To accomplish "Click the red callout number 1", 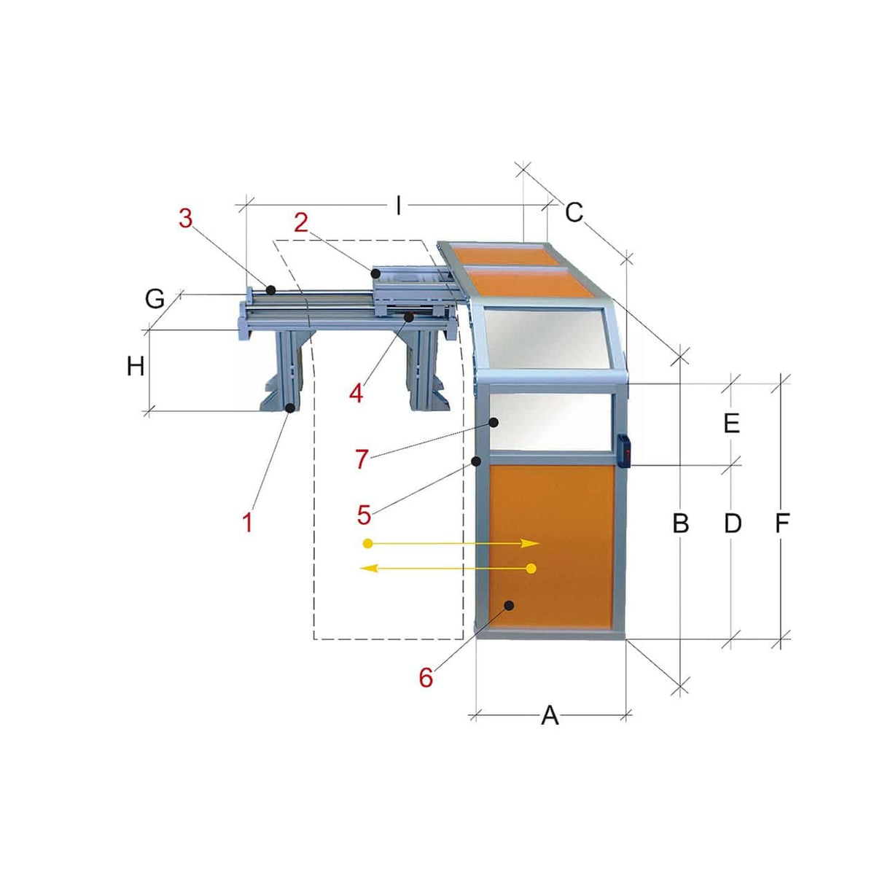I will [x=248, y=522].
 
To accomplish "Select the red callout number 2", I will [x=301, y=223].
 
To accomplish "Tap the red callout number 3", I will [x=186, y=217].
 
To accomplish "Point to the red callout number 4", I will [x=356, y=394].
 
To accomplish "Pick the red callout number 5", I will [x=364, y=515].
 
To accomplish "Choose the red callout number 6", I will [x=426, y=677].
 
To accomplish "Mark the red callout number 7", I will [x=362, y=459].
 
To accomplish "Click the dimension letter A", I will [x=550, y=716].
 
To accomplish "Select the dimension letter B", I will [x=680, y=523].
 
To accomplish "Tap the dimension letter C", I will [x=574, y=213].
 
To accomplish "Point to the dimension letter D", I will [x=732, y=523].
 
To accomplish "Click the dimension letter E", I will [x=732, y=424].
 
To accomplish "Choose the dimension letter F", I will [x=782, y=523].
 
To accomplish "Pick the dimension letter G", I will [x=155, y=299].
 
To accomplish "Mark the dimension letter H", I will [x=136, y=367].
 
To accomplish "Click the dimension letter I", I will [x=398, y=206].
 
